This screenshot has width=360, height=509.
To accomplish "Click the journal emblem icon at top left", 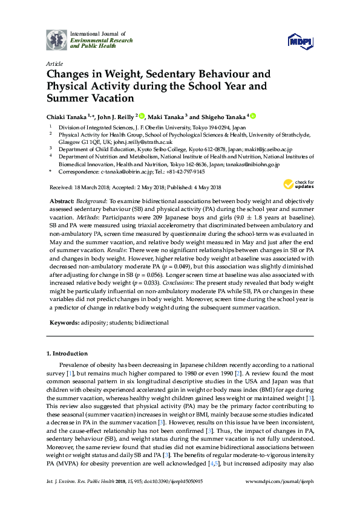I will (56, 40).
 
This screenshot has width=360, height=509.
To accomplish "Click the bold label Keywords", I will (62, 323).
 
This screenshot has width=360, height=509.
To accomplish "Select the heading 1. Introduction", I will (67, 353).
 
